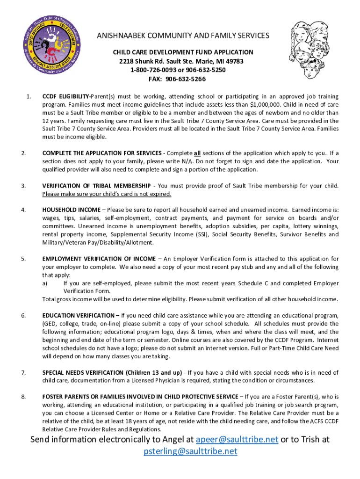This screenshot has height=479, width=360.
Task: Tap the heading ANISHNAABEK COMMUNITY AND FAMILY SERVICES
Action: point(183,36)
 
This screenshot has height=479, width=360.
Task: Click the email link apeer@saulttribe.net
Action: point(237,439)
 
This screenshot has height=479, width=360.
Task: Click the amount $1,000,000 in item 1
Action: point(266,105)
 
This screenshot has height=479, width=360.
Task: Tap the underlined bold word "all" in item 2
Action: point(198,153)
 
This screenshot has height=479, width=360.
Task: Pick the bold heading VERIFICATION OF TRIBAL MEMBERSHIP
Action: point(96,186)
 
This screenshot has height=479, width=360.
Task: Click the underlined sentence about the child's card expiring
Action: point(107,194)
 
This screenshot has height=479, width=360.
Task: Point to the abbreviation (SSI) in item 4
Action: point(202,234)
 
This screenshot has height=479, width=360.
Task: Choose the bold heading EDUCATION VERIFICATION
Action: point(78,316)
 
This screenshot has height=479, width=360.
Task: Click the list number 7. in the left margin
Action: point(23,372)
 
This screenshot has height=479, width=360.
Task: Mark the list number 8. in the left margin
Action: point(23,397)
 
